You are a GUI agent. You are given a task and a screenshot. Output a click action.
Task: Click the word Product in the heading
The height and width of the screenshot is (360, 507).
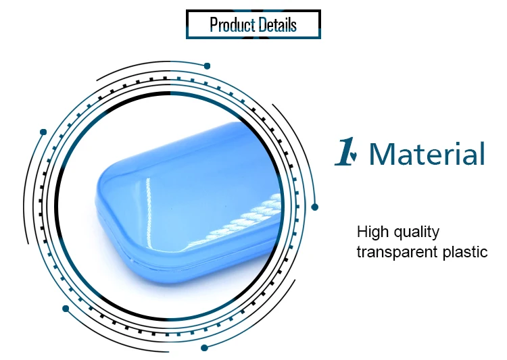pos(233,25)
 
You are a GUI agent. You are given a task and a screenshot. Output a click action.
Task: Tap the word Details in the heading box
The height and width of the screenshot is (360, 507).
pos(278,25)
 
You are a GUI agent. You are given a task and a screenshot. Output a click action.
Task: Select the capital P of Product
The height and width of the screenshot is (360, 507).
pos(214,25)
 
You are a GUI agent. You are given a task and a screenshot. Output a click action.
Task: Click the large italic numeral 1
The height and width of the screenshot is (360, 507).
pos(344,151)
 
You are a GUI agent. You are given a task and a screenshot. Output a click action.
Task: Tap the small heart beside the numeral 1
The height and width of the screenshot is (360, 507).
pos(354,156)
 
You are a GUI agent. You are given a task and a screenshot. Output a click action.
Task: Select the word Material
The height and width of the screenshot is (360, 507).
pos(427,153)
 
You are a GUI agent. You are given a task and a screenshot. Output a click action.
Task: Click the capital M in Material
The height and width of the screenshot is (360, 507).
pos(382,154)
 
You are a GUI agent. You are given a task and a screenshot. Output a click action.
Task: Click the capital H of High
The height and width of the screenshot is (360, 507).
pos(362,232)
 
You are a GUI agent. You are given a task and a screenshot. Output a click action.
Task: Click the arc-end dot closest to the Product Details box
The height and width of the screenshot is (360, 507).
pos(207,66)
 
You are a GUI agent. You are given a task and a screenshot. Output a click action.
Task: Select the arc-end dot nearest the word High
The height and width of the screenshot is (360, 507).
pos(314,207)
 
